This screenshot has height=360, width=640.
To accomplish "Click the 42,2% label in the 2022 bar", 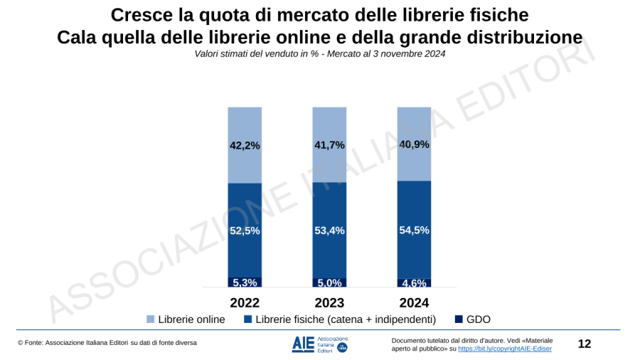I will (x=245, y=145).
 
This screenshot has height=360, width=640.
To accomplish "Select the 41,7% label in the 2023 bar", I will (x=329, y=144).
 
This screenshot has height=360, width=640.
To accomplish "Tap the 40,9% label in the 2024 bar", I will (x=414, y=144).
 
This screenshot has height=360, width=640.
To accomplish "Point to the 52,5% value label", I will (x=245, y=231).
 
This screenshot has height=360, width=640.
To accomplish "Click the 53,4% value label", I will (x=329, y=230).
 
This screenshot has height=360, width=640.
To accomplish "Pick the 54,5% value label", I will (x=414, y=230).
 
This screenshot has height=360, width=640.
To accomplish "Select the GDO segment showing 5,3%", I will (x=245, y=282).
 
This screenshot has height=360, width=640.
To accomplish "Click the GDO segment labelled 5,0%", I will (x=329, y=282).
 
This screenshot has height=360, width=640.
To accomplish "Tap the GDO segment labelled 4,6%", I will (x=414, y=283).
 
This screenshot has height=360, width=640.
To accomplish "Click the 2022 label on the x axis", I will (x=245, y=302).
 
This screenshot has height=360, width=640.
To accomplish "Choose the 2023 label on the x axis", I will (x=329, y=302).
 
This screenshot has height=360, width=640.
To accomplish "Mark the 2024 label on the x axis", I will (x=414, y=302).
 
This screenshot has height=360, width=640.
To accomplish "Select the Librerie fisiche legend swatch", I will (x=247, y=319).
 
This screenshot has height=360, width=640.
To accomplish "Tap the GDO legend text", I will (x=479, y=319).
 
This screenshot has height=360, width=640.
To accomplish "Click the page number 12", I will (x=584, y=344).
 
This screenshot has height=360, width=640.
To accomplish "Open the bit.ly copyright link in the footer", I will (x=504, y=349).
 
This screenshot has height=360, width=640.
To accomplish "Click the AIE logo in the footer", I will (x=319, y=344).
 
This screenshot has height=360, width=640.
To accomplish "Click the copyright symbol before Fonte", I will (x=21, y=344).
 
